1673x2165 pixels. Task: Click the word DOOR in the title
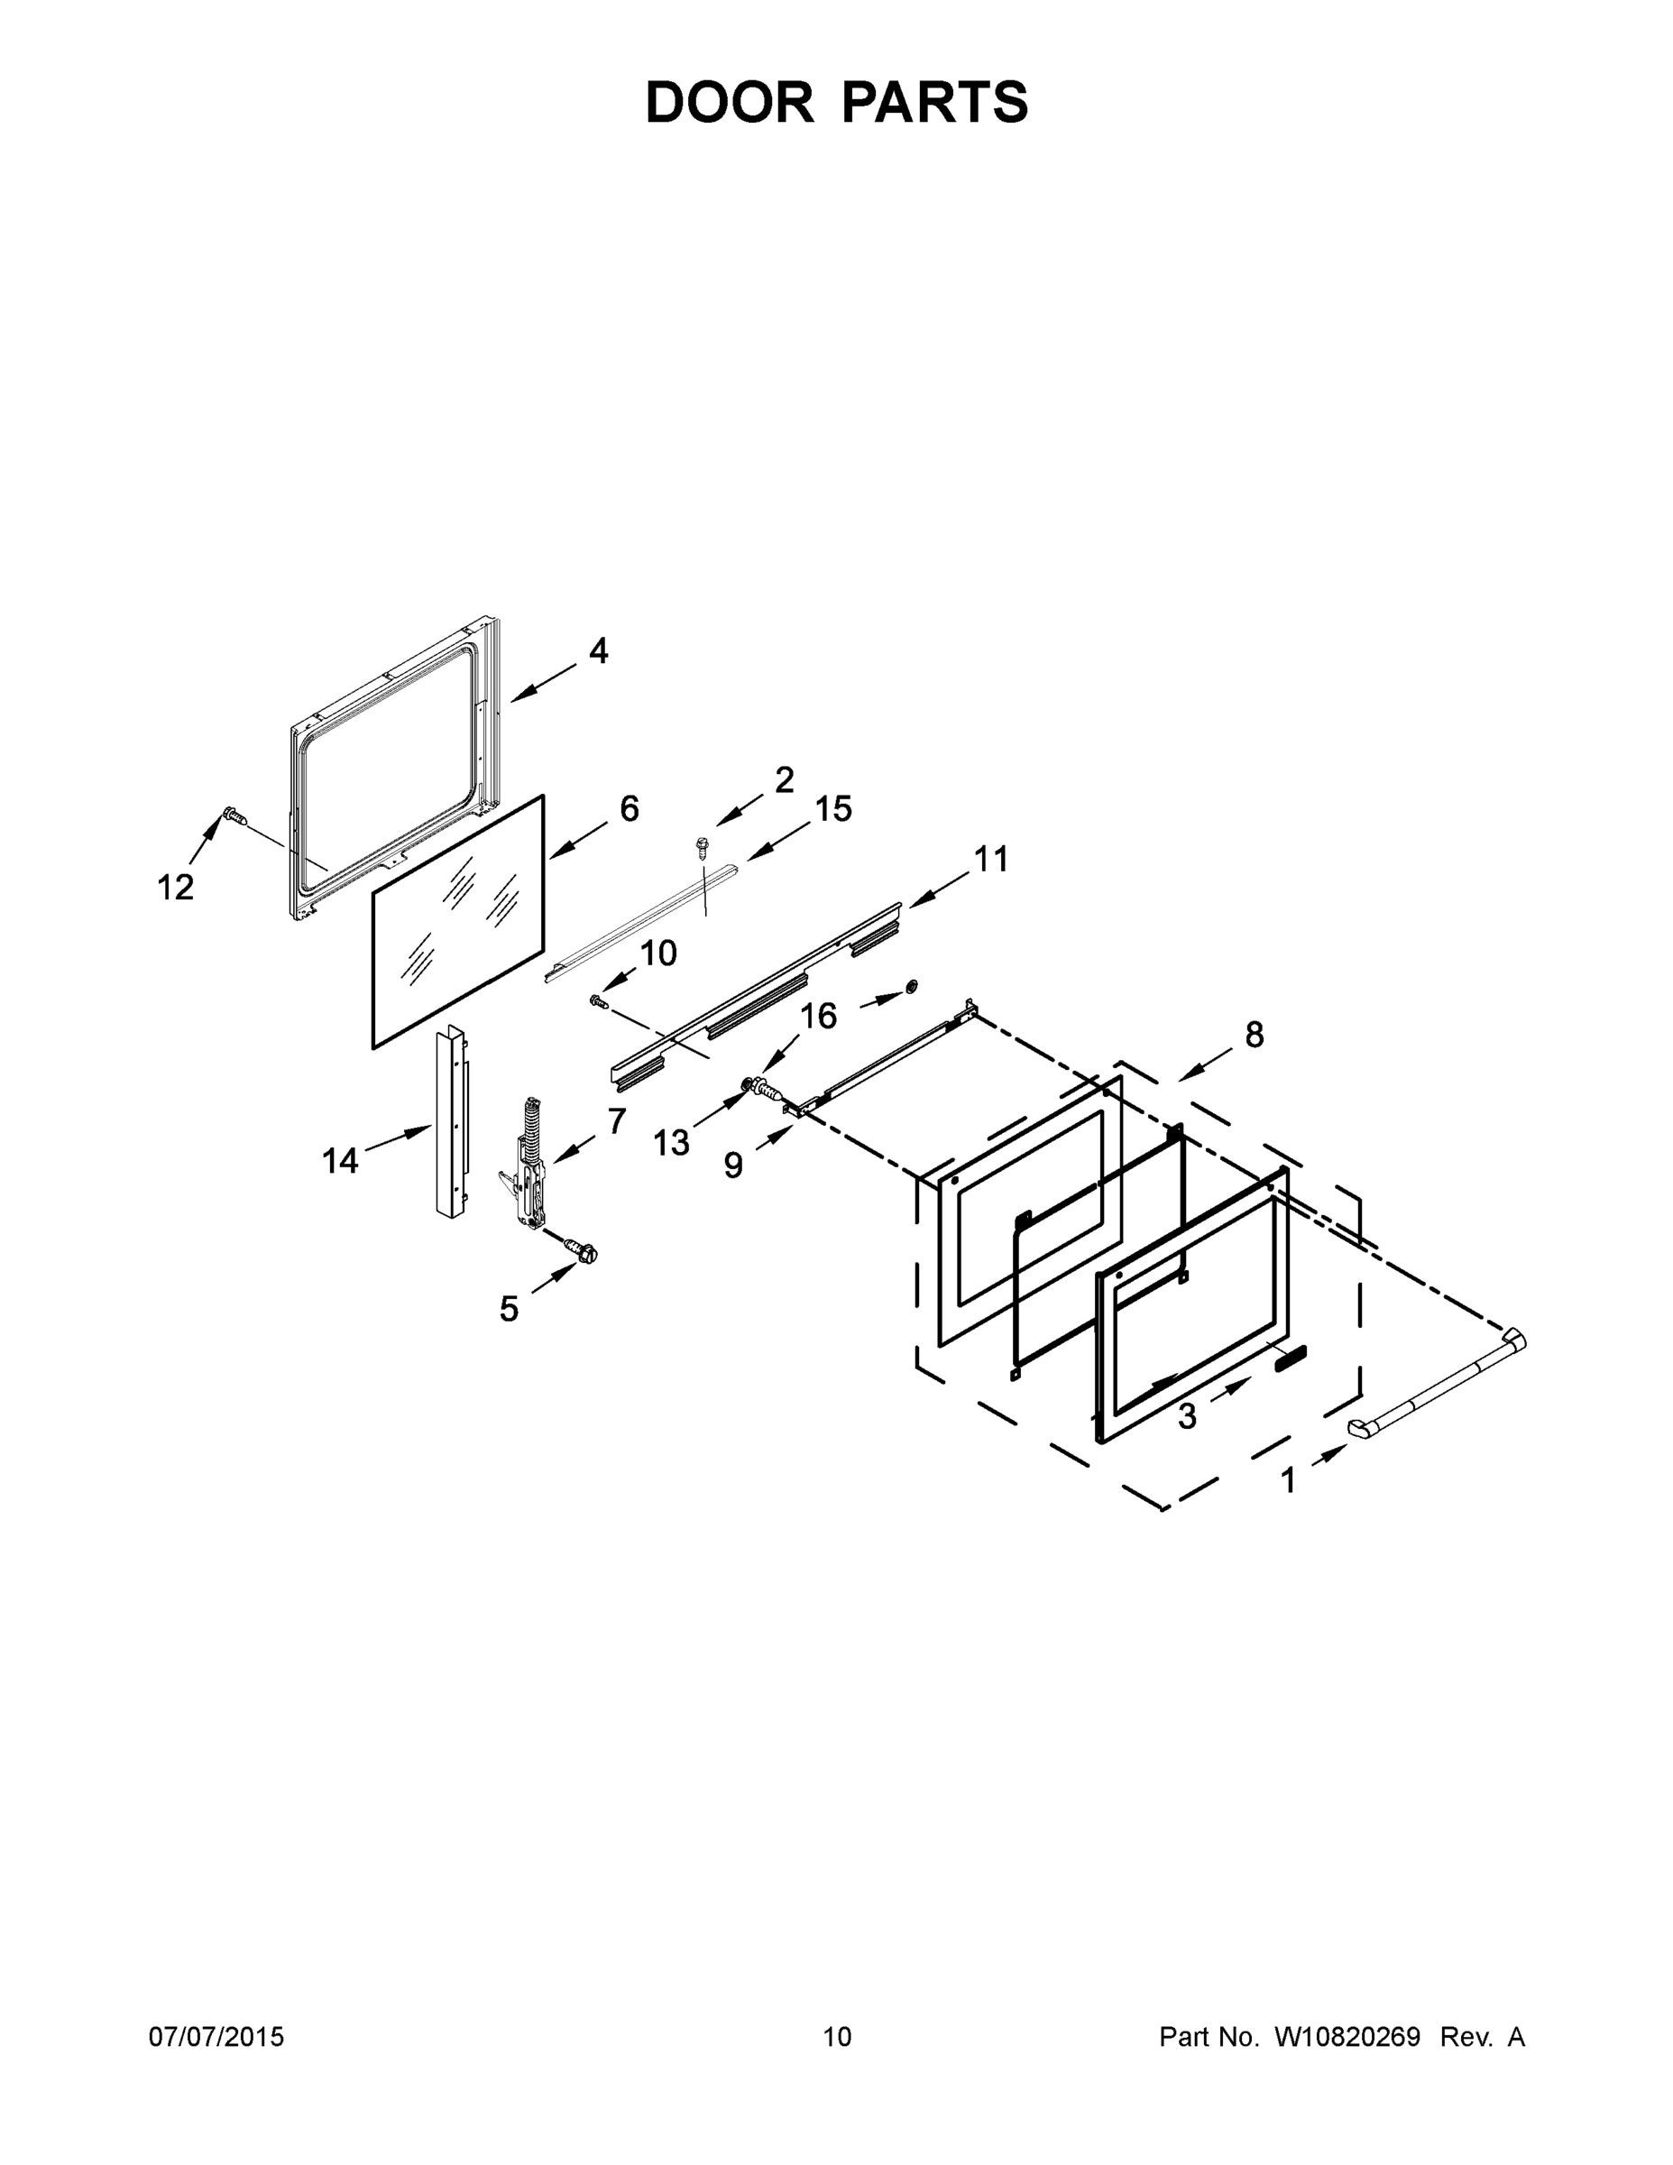729,102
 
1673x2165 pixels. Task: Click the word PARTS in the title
934,102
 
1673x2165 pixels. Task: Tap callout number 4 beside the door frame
598,651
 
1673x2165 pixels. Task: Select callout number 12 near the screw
176,888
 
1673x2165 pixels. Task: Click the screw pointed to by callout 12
234,815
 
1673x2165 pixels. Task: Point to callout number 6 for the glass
630,809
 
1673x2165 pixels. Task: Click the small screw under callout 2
702,845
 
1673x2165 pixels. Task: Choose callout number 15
833,809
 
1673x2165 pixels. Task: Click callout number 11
990,859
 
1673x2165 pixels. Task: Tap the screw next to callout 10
598,1002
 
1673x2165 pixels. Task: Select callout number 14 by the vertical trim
339,1160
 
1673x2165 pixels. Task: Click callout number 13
671,1143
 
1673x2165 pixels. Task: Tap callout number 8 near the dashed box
1254,1035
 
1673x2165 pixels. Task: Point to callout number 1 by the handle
1288,1481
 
